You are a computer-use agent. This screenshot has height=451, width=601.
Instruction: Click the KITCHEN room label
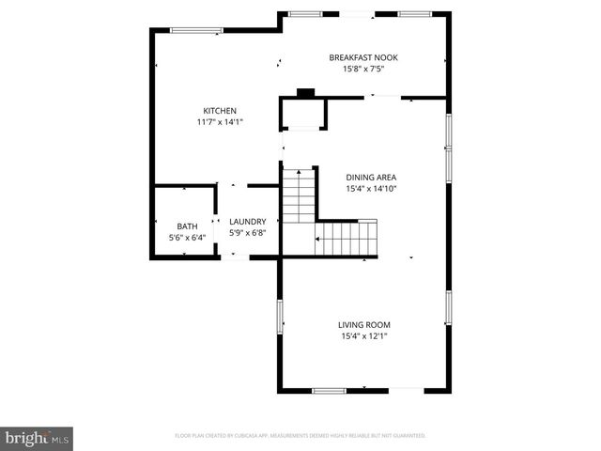pos(220,110)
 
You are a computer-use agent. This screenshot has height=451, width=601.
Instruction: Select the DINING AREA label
pos(371,177)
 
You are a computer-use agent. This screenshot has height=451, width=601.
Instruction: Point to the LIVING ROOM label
pos(364,325)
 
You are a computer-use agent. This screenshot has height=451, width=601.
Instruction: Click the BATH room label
pos(187,226)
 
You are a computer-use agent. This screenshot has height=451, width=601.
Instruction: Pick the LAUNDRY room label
pos(248,222)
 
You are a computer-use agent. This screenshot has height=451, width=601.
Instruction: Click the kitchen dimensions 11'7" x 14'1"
pos(220,122)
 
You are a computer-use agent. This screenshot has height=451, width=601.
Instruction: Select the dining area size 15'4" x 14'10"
pos(371,188)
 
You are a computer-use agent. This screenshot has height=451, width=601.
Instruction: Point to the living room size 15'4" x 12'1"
pos(364,336)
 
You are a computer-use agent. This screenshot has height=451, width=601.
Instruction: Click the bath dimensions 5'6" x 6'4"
pos(187,238)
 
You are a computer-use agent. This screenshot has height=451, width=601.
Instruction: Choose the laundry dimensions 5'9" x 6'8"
pos(248,233)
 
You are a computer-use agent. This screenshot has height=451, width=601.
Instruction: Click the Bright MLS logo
pos(37,438)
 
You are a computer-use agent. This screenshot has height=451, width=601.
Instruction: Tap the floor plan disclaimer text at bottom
pos(300,436)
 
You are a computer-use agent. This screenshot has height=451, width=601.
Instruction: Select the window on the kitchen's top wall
pos(196,31)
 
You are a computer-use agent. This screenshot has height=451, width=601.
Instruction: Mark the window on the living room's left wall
pos(279,317)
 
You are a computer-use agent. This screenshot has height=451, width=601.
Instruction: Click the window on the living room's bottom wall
pos(329,390)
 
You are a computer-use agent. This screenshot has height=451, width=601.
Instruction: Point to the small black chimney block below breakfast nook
pos(303,92)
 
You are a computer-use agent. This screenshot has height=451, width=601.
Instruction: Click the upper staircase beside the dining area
pos(298,194)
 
